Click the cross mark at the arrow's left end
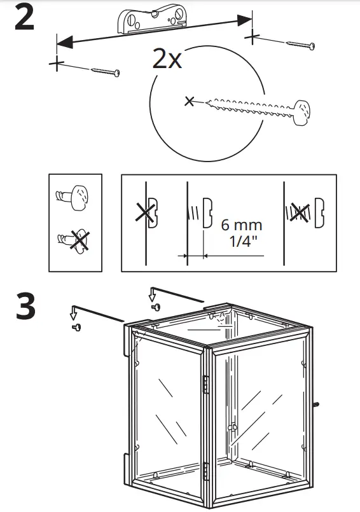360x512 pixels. [57, 63]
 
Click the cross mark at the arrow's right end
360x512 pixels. [254, 36]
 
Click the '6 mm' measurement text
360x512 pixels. [241, 226]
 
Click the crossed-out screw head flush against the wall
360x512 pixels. [151, 212]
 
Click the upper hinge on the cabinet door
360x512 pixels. [205, 384]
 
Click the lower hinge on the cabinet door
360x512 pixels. [205, 471]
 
